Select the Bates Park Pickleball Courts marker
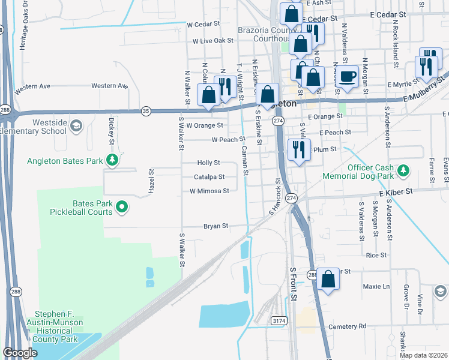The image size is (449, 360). [x=122, y=207]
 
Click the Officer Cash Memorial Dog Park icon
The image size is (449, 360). [x=403, y=170]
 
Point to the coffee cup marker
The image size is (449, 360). [x=348, y=76]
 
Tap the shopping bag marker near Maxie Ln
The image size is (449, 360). [x=328, y=278]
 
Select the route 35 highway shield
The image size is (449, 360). [x=146, y=110]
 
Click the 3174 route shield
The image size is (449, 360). [x=278, y=321]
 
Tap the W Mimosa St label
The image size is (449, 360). [x=209, y=191]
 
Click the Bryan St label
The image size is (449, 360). [x=215, y=226]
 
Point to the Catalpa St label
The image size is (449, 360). [x=209, y=177]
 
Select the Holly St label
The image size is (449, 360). [x=209, y=163]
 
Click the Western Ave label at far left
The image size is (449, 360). [x=32, y=86]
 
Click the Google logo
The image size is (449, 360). [x=20, y=353]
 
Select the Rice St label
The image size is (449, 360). [x=376, y=255]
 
